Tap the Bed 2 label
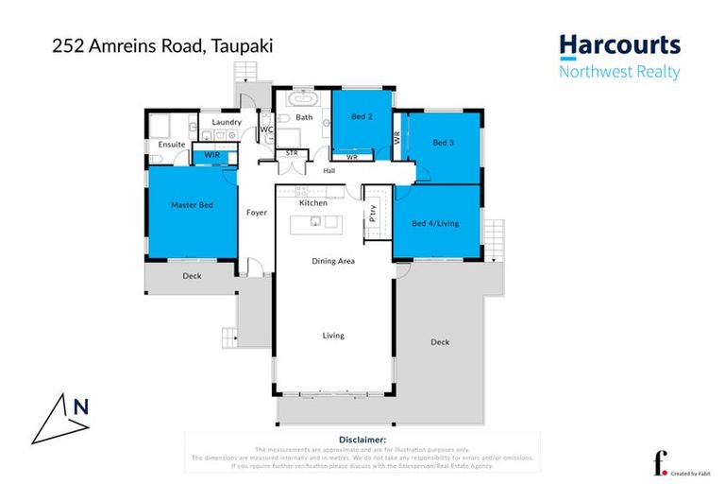(x=362, y=116)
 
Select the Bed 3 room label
(x=444, y=143)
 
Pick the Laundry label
(x=227, y=122)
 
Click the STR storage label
(x=292, y=151)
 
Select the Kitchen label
(x=313, y=203)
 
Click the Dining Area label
(x=333, y=261)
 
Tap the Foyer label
(x=256, y=213)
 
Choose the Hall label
(x=329, y=171)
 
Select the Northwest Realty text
(x=618, y=72)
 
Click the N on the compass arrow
(x=81, y=407)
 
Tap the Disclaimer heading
(x=362, y=440)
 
